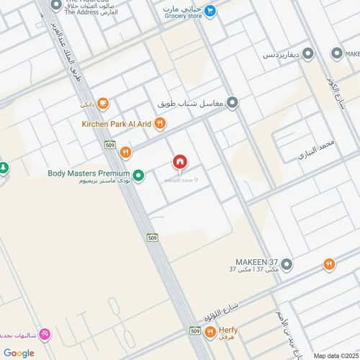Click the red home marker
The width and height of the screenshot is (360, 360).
tap(180, 163)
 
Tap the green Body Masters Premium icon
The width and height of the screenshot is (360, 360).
tap(138, 174)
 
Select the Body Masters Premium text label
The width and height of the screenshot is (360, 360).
tap(89, 173)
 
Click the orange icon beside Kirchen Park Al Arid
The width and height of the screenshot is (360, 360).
tap(160, 124)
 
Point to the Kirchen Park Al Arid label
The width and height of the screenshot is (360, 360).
tap(115, 124)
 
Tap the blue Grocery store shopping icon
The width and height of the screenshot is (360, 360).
tap(210, 10)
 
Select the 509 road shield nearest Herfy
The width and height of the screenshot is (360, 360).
tap(196, 330)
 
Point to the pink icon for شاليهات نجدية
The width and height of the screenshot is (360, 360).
tap(45, 334)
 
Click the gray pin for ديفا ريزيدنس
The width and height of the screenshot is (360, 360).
tap(307, 53)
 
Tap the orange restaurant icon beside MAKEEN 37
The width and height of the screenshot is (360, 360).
tap(329, 264)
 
